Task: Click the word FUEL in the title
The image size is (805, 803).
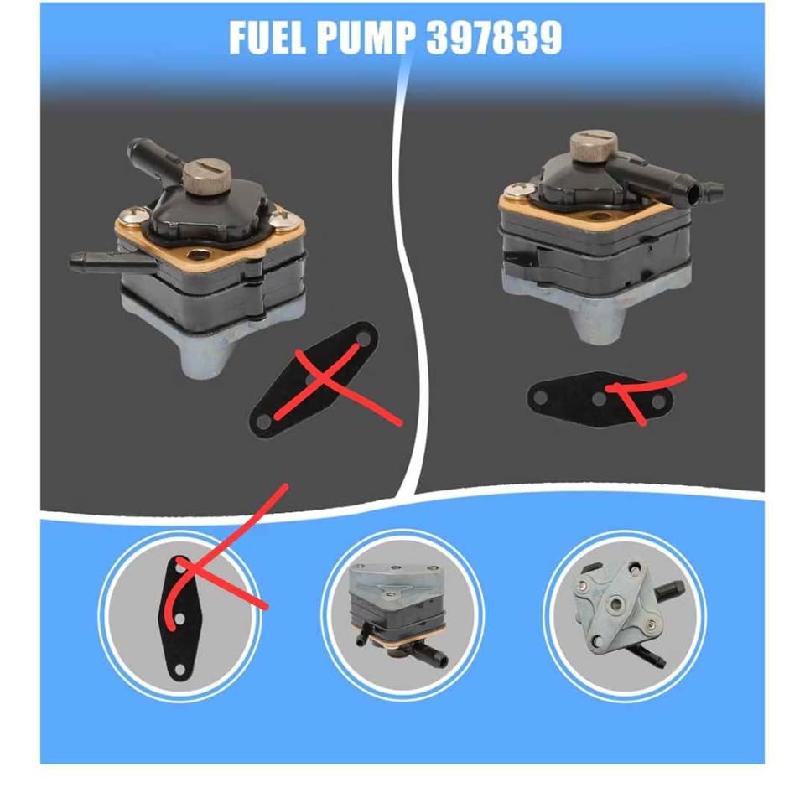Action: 267,38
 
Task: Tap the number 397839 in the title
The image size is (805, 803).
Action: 494,38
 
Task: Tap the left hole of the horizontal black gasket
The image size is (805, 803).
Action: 540,397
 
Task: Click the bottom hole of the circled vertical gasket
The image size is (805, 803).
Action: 179,669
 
